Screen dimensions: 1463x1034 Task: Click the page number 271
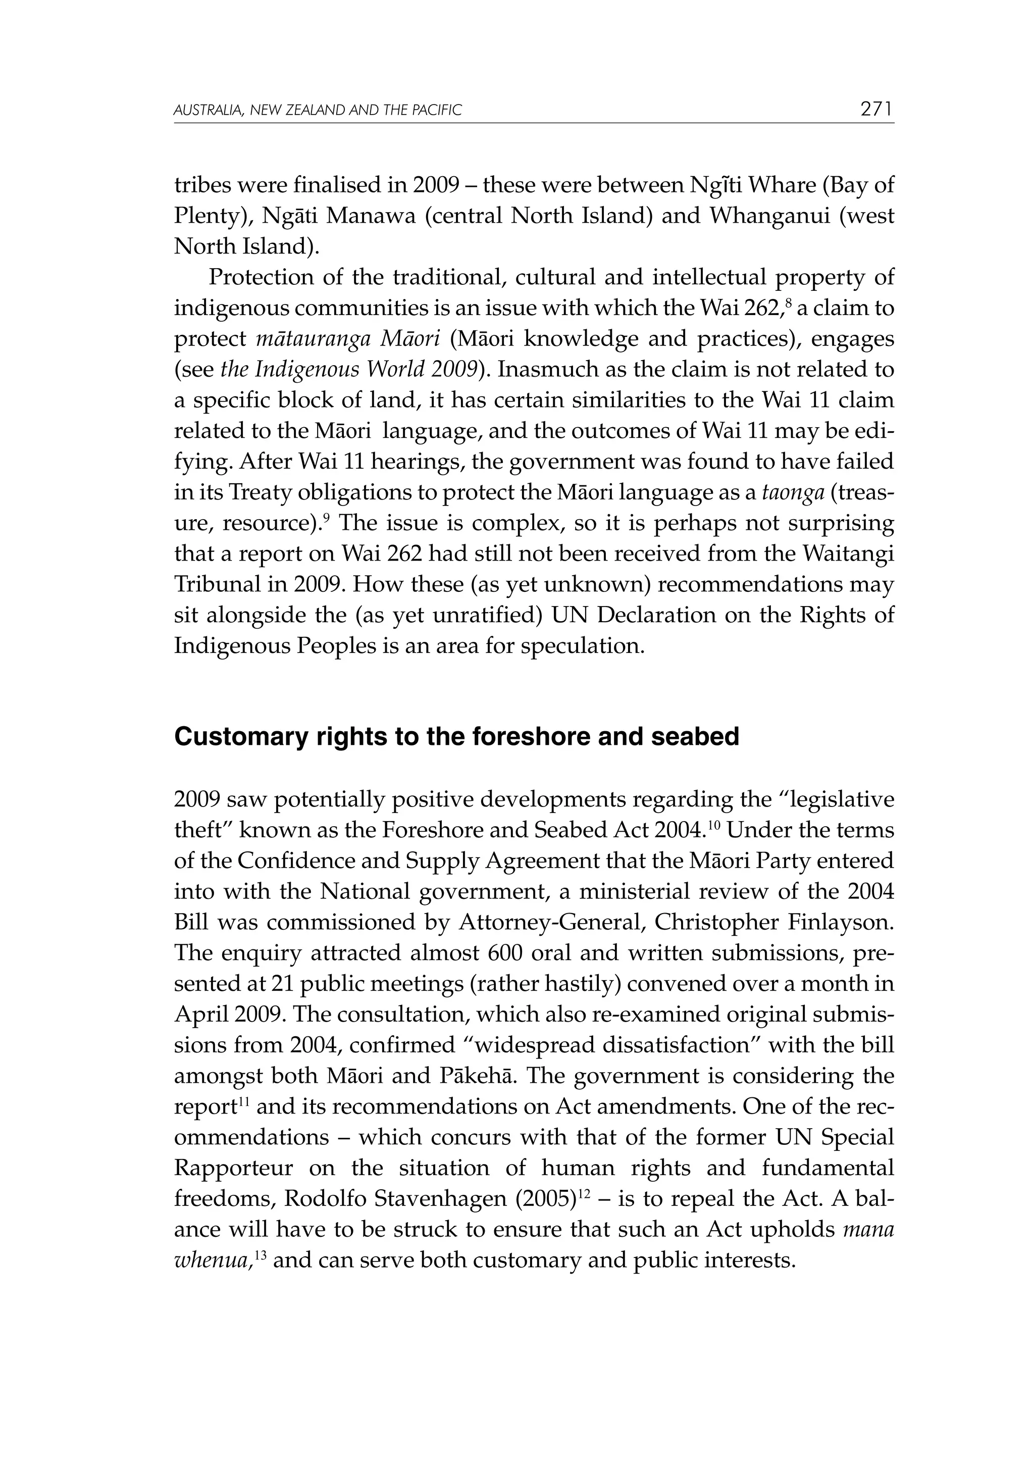tap(876, 110)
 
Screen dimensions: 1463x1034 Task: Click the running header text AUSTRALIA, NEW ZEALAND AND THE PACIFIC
tap(317, 111)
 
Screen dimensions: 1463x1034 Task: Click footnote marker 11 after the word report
tap(243, 1100)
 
